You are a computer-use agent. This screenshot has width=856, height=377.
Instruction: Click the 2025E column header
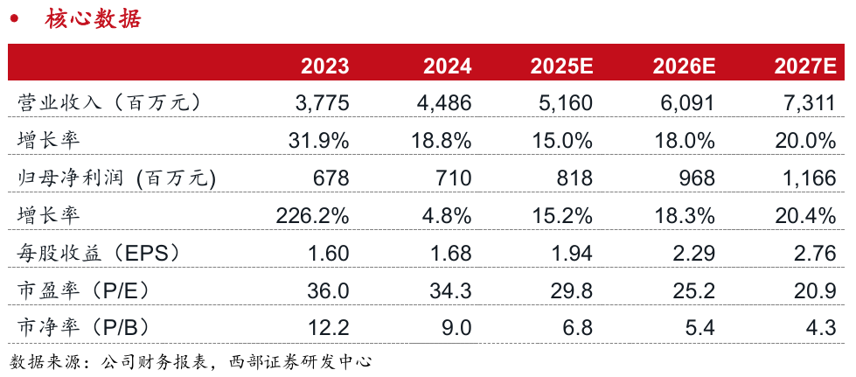pyautogui.click(x=561, y=66)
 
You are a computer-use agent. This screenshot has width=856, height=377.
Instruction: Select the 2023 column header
pyautogui.click(x=325, y=66)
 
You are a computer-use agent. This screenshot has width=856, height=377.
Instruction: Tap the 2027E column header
pyautogui.click(x=805, y=66)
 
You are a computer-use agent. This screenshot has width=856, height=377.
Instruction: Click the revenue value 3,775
pyautogui.click(x=323, y=103)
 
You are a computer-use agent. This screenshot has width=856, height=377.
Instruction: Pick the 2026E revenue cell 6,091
pyautogui.click(x=688, y=103)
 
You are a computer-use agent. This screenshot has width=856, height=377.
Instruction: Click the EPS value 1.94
pyautogui.click(x=574, y=254)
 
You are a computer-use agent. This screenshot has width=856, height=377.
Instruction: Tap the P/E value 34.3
pyautogui.click(x=451, y=290)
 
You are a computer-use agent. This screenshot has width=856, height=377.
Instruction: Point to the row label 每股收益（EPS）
pyautogui.click(x=101, y=254)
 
